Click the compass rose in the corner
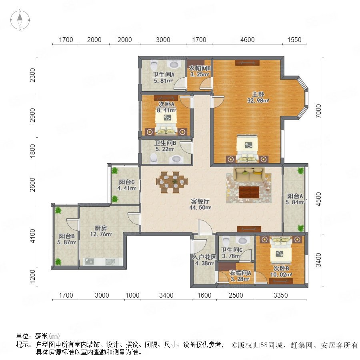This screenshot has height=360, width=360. pos(20,20)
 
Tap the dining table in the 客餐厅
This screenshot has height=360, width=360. pos(172,182)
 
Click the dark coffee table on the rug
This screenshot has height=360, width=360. pos(249,192)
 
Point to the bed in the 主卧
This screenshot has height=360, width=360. pos(247,149)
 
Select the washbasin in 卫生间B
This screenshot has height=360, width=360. pos(176,159)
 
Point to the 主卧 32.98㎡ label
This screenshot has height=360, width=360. pos(258,97)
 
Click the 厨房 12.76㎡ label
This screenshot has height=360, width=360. pos(101,231)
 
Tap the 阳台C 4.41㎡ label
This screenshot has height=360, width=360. pos(127,185)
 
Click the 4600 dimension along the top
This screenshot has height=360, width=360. pos(247,40)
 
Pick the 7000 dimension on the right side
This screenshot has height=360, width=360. pos(318,111)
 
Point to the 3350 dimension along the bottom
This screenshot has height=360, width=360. pos(280,295)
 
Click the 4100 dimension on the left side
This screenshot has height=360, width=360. pos(33,236)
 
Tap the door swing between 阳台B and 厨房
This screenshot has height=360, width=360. pos(72,224)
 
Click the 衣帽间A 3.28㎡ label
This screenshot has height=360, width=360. pos(240,276)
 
